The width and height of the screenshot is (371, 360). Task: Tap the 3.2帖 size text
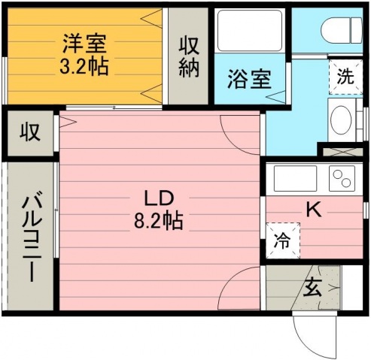click(x=84, y=66)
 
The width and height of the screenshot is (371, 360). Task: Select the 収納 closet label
click(x=189, y=56)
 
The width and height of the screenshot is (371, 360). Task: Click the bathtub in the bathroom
click(x=250, y=31)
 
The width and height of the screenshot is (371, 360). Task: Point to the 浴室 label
click(x=249, y=78)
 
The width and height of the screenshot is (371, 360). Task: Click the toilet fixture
click(x=342, y=30)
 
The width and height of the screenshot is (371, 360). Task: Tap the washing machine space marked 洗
click(x=345, y=77)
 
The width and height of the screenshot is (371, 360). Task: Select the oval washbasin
click(x=341, y=120)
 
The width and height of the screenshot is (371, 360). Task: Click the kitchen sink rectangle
click(x=295, y=178)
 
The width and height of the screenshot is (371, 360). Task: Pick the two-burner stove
click(x=342, y=178)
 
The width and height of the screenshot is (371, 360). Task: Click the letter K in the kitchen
click(x=314, y=210)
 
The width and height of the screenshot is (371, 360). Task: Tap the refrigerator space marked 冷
click(x=283, y=241)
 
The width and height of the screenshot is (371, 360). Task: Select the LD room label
click(x=159, y=198)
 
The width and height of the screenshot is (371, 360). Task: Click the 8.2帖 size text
click(x=158, y=221)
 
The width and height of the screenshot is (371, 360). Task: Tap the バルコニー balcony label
click(x=32, y=236)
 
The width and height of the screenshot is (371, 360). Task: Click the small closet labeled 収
click(x=30, y=132)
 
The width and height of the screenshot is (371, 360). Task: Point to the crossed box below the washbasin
click(x=343, y=152)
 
